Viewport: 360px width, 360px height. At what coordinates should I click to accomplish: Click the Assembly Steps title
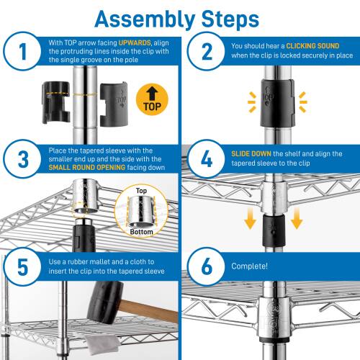coord(179,17)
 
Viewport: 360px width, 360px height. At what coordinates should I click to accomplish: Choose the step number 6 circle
coord(205,266)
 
